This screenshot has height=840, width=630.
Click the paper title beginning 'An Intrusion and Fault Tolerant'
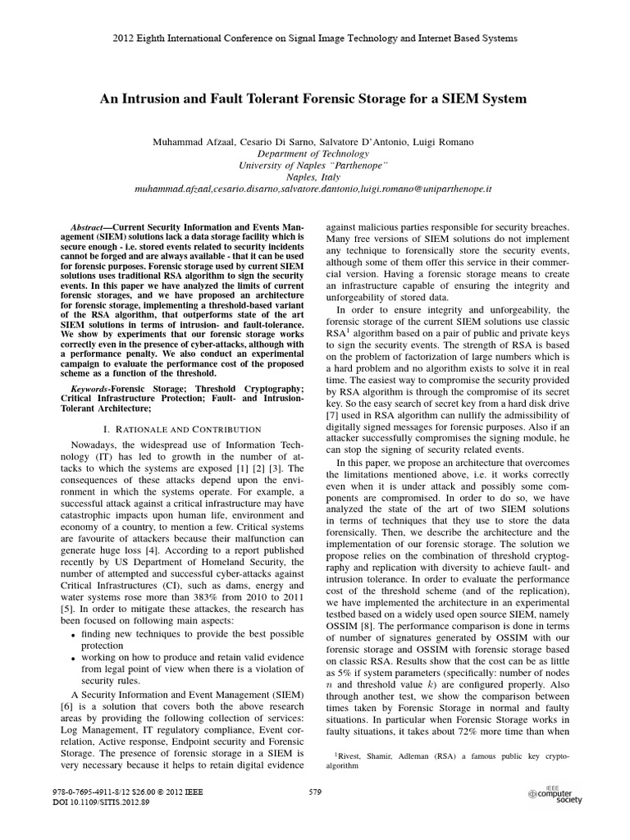click(313, 99)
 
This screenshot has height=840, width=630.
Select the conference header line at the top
click(314, 38)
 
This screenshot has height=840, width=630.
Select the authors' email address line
click(313, 189)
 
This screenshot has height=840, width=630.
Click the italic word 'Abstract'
click(84, 225)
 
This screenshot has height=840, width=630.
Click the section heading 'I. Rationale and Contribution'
click(180, 429)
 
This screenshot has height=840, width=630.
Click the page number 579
click(314, 792)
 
